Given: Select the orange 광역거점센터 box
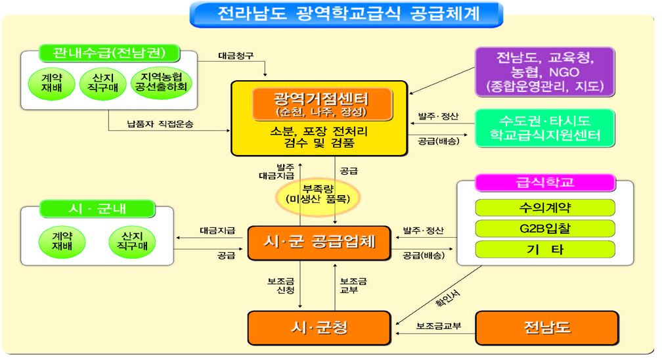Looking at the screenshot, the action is click(x=322, y=104).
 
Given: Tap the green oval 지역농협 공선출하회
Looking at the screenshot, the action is click(x=161, y=82).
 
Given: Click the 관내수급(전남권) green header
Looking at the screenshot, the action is click(x=109, y=53).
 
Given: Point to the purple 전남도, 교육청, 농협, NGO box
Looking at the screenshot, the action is click(x=544, y=72).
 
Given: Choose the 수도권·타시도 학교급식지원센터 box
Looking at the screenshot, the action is click(x=544, y=128).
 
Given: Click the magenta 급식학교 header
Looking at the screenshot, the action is click(x=545, y=183).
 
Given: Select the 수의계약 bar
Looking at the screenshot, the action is click(x=545, y=208).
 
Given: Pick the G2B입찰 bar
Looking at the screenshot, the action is click(x=545, y=229).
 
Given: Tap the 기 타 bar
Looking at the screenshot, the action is click(x=545, y=249).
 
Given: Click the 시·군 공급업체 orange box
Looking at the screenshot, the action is click(x=319, y=242).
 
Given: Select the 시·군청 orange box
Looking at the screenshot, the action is click(x=319, y=328).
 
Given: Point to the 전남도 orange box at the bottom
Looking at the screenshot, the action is click(x=547, y=328).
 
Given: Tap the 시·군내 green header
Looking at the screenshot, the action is click(x=97, y=209).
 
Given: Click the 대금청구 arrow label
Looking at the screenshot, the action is click(x=236, y=55).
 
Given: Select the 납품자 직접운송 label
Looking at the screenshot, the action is click(x=160, y=124).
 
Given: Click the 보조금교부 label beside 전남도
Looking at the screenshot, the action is click(x=439, y=326).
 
